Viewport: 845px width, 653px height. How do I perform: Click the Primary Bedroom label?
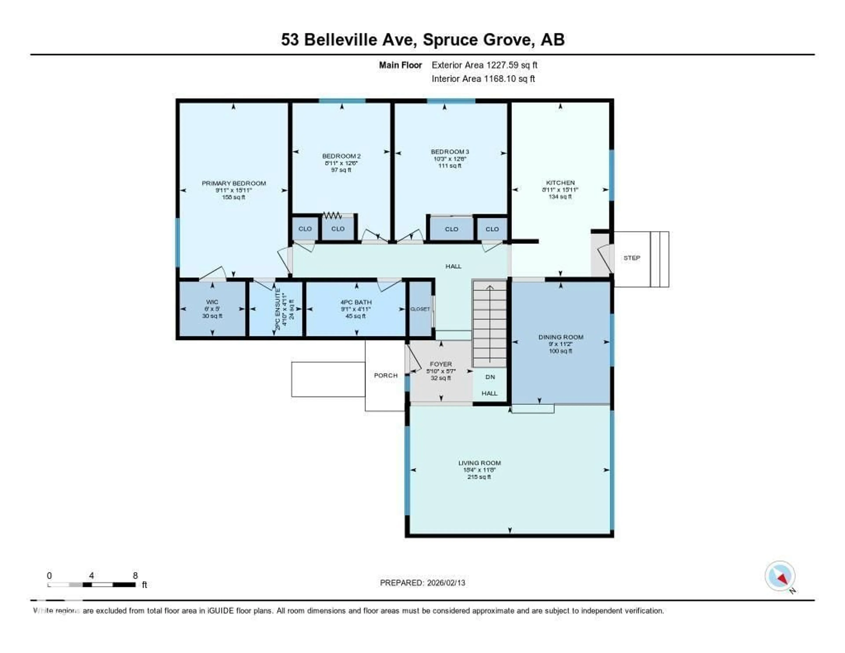point(234,183)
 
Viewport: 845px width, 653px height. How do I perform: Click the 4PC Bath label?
point(356,302)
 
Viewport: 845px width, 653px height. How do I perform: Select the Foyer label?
point(441,364)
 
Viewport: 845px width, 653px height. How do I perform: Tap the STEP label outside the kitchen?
point(631,258)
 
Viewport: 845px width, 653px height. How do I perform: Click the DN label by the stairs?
point(490,377)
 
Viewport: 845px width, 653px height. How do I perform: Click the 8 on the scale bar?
point(135,576)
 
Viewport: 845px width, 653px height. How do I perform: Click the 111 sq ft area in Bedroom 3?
point(450,166)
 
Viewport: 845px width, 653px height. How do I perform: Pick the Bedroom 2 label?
point(341,156)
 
